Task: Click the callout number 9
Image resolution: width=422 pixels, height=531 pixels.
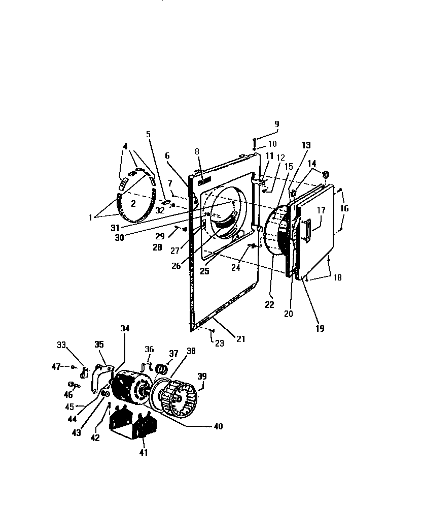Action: pos(276,123)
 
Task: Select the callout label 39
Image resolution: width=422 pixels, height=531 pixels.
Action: pos(202,376)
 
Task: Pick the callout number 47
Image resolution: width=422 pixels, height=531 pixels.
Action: pos(56,366)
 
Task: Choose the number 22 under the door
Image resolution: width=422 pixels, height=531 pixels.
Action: pos(269,305)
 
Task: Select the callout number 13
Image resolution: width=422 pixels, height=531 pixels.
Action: pos(306,145)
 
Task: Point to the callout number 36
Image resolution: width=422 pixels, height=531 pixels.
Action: pos(149,349)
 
